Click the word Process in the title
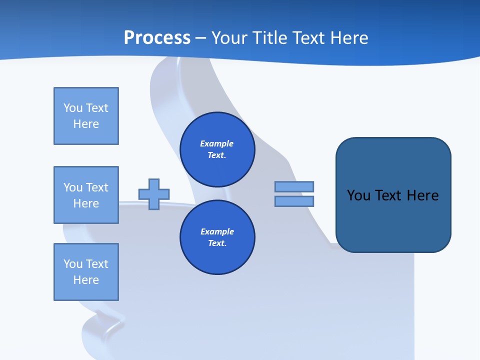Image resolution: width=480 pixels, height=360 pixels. (x=157, y=38)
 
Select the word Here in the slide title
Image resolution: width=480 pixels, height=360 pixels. (x=348, y=38)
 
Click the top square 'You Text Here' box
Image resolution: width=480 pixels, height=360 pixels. (x=86, y=116)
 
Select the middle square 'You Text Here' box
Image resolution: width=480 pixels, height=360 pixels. (x=86, y=195)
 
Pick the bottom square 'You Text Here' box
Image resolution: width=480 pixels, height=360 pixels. (x=86, y=272)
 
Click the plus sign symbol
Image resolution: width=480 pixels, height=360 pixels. (x=154, y=194)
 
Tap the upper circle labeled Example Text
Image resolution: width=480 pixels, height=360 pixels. (x=217, y=149)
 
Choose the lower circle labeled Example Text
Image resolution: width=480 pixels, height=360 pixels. (x=217, y=237)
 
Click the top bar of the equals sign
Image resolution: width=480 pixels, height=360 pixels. (x=294, y=186)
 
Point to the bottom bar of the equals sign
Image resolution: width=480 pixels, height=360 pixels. (x=294, y=201)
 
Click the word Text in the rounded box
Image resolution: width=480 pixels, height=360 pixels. (x=388, y=195)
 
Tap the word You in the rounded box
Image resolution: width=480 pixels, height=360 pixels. (x=358, y=195)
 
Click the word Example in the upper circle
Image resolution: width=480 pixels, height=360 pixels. (x=216, y=143)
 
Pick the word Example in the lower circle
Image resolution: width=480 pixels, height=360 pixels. (x=216, y=231)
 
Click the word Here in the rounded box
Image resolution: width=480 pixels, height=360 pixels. (x=422, y=195)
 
